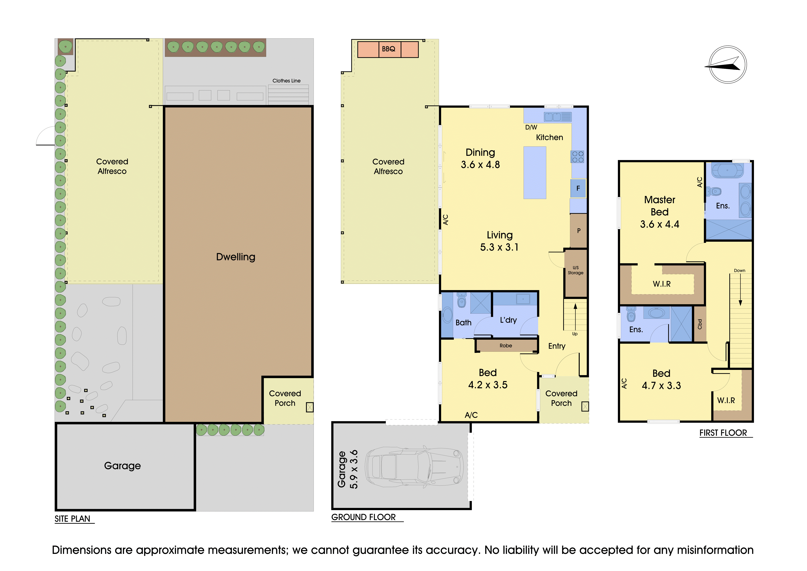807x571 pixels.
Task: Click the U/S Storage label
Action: point(575,270)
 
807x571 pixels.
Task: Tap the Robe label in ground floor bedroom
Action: point(506,346)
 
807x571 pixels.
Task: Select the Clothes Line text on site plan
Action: point(286,80)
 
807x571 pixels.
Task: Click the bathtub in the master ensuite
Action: point(728,171)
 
